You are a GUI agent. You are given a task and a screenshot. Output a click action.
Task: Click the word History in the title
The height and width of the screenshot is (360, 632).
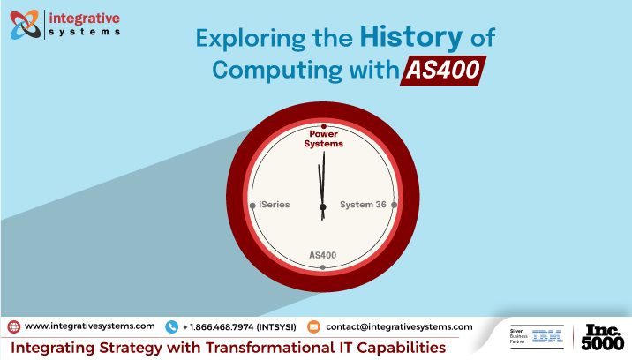click(412, 38)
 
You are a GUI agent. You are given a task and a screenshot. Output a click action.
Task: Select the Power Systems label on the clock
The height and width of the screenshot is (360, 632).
click(323, 139)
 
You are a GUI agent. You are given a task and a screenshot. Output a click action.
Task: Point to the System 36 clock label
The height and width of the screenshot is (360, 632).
click(363, 204)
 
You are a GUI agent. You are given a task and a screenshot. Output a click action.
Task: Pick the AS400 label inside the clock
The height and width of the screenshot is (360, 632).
click(323, 255)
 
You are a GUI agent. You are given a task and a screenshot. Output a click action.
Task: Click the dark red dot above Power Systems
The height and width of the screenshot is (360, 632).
click(323, 127)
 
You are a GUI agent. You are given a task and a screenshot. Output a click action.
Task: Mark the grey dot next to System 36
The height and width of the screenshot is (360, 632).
click(394, 204)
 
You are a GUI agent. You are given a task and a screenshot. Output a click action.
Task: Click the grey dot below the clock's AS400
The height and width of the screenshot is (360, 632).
click(323, 266)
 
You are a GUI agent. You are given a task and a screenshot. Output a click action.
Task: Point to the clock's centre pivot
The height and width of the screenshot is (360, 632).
click(323, 205)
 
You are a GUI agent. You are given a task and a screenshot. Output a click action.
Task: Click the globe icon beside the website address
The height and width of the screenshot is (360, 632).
click(13, 326)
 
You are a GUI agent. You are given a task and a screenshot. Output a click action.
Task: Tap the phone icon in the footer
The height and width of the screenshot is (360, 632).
click(171, 326)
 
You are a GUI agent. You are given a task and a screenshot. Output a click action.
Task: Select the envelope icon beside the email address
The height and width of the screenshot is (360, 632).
click(313, 326)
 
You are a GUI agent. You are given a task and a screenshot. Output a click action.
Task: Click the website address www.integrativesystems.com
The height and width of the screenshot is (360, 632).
click(89, 326)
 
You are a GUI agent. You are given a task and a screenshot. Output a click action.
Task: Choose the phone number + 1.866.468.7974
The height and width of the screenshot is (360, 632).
click(238, 326)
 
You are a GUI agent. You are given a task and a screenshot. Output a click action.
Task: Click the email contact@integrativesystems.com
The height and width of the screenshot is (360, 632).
click(399, 326)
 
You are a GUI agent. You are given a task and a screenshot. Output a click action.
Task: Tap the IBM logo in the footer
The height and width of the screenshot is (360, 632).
click(547, 336)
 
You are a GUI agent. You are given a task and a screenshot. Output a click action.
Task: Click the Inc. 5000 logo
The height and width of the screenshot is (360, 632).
click(603, 336)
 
